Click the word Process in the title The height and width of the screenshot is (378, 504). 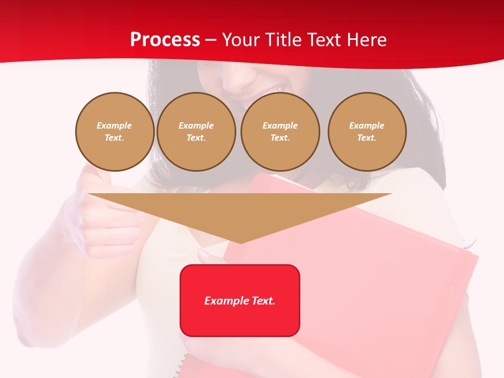165,40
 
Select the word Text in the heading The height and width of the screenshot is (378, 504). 324,40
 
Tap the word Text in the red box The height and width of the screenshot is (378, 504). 264,301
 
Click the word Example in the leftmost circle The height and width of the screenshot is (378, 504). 114,125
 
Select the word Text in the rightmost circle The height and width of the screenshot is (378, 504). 366,138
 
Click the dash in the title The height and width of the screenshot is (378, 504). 211,40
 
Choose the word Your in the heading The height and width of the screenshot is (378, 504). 241,40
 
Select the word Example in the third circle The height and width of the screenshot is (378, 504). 280,125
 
